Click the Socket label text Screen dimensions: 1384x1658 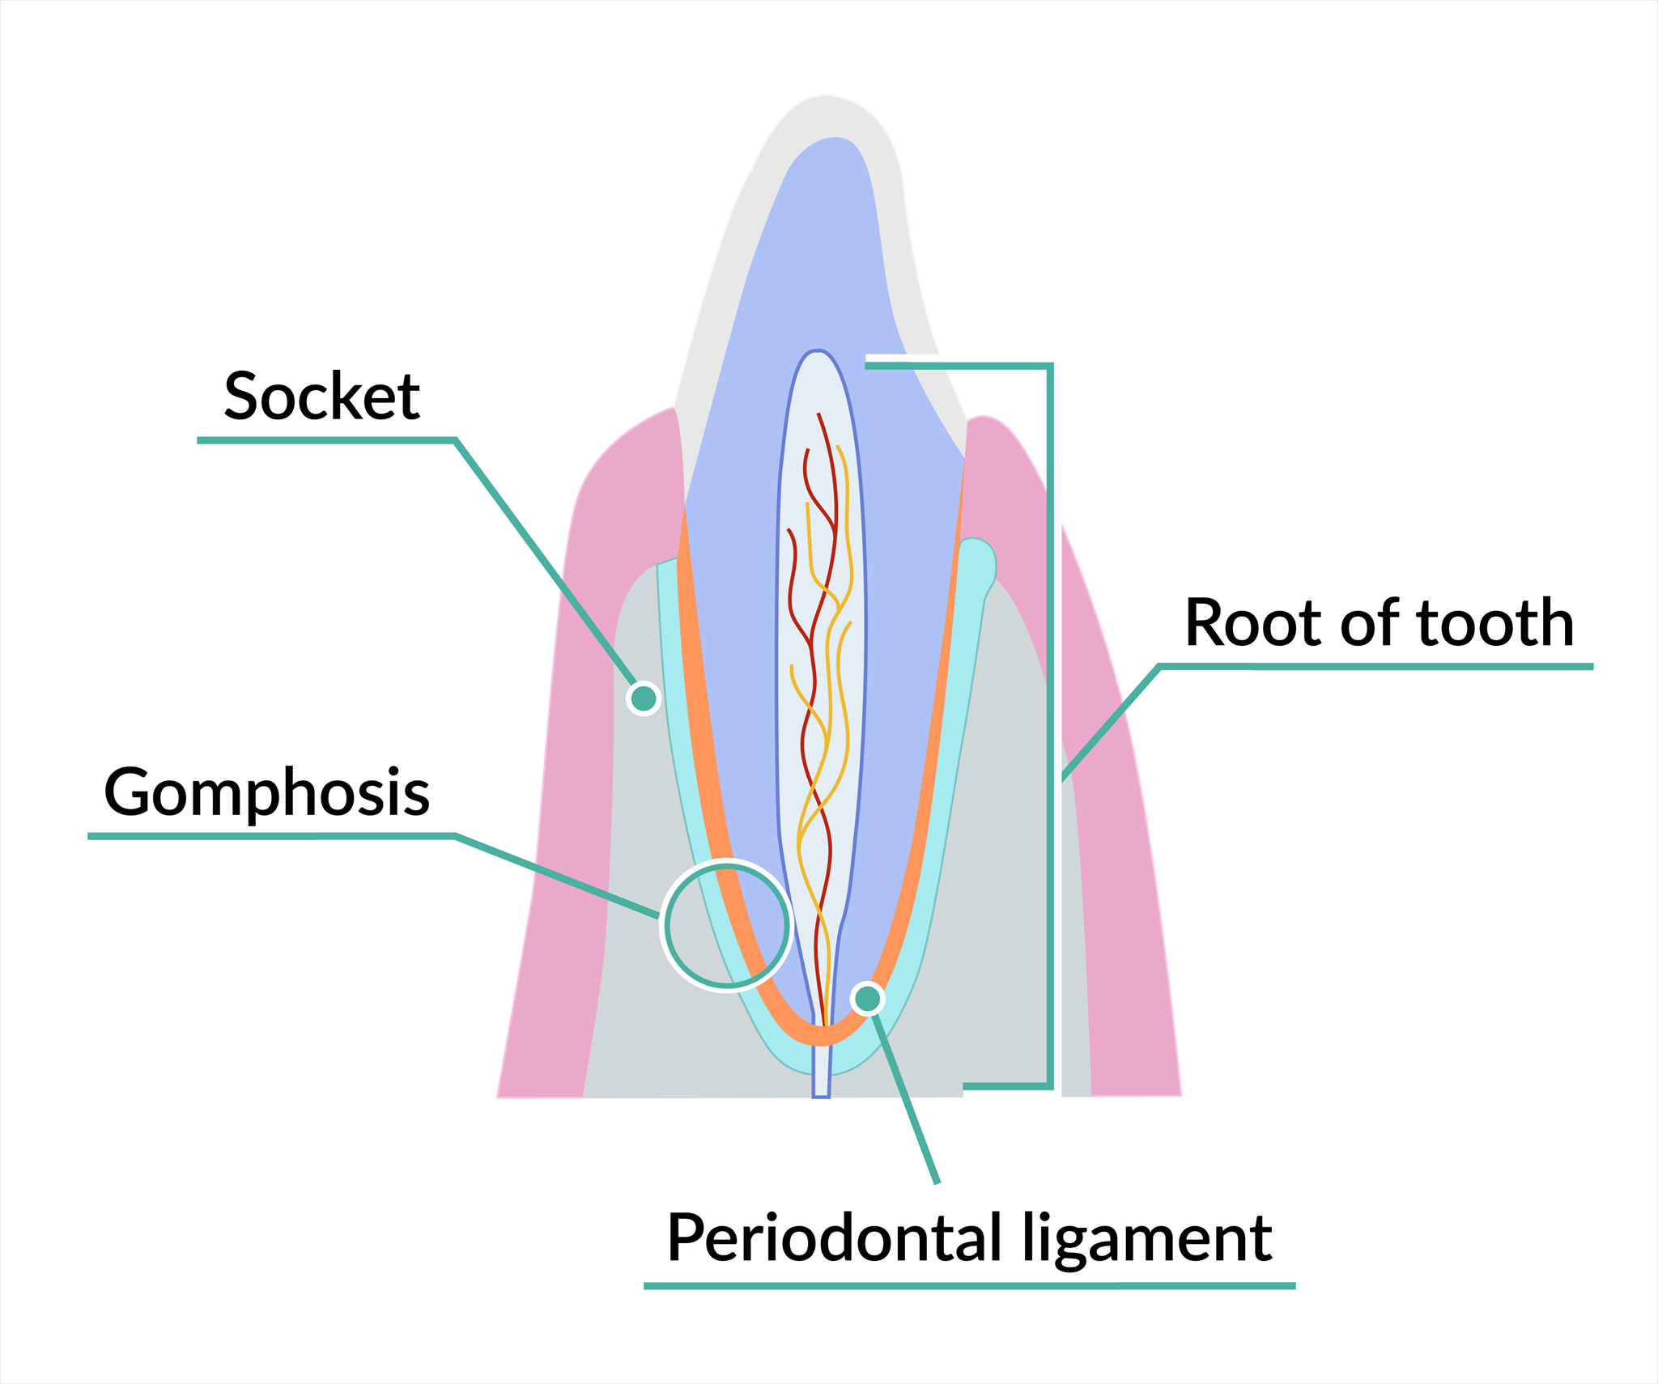tap(321, 396)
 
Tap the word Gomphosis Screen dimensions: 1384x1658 tap(266, 792)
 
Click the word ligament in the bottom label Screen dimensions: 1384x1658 tap(1147, 1238)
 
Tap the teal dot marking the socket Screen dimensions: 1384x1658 tap(644, 698)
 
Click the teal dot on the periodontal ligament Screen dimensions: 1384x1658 tap(868, 999)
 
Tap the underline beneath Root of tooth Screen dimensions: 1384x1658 tap(1376, 667)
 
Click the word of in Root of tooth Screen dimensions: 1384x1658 tap(1369, 622)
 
